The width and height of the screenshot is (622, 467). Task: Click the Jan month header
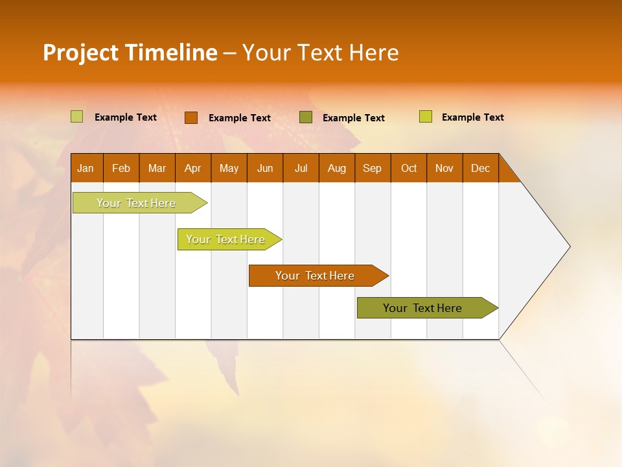[x=86, y=168]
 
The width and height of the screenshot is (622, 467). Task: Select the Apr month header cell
[x=192, y=168]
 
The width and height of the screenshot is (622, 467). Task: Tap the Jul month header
[x=301, y=168]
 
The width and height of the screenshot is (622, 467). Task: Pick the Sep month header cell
[x=372, y=168]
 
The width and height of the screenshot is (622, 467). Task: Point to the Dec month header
[x=480, y=168]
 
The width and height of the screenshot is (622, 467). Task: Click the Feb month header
[x=121, y=168]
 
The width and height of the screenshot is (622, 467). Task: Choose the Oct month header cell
[x=408, y=168]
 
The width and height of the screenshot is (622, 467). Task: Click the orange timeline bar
[x=315, y=276]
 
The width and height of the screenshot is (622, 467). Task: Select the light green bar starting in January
[x=136, y=203]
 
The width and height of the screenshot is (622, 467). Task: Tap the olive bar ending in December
[x=422, y=308]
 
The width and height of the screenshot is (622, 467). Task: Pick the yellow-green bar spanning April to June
[x=225, y=239]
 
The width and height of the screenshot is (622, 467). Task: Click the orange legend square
[x=190, y=117]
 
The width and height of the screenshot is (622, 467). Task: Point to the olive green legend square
[x=306, y=117]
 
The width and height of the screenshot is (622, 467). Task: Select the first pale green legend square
[x=76, y=117]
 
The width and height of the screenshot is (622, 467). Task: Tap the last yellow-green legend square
[x=426, y=117]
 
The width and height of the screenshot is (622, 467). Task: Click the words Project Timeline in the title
[x=130, y=53]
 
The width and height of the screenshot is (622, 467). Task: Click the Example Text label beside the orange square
[x=240, y=118]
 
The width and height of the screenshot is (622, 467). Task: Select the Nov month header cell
[x=444, y=168]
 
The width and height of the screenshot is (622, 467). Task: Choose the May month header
[x=229, y=168]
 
